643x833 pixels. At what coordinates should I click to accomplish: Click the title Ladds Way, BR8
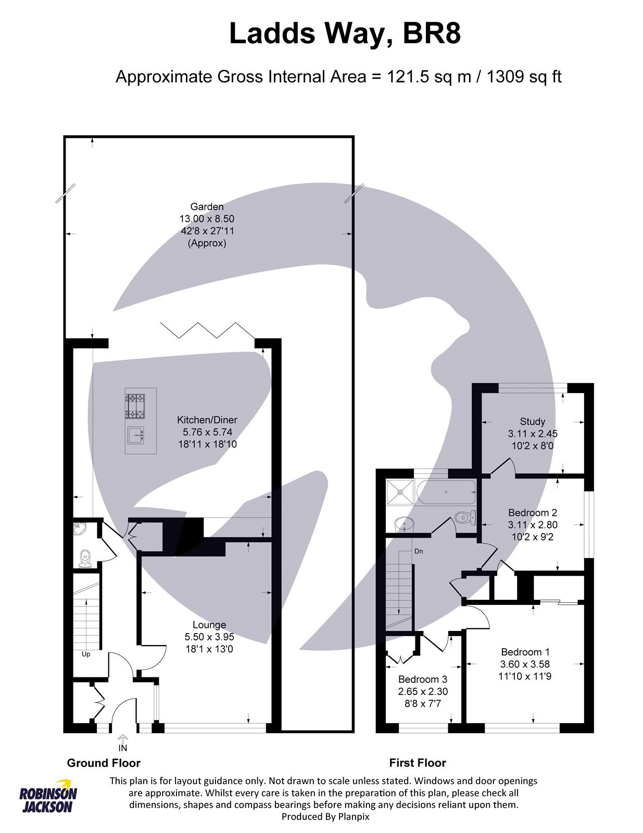tap(345, 34)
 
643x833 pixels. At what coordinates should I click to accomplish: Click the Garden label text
tap(207, 207)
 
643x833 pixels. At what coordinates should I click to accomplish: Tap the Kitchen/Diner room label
tap(207, 420)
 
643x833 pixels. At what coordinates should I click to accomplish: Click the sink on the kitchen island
tap(135, 434)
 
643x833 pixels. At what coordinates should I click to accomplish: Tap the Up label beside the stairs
tap(86, 654)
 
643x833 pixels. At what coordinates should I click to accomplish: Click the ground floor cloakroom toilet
tap(85, 559)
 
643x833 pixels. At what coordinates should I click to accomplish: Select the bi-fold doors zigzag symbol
tap(207, 330)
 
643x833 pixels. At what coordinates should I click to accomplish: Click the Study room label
tap(532, 421)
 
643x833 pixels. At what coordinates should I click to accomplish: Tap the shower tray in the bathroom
tap(400, 492)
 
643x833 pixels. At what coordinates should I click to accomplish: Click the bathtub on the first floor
tap(446, 492)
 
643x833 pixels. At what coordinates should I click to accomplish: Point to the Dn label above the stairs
tap(419, 551)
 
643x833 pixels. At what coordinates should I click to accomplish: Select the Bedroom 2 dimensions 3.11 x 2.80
tap(533, 525)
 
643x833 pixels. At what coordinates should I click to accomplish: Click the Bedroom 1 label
tap(525, 652)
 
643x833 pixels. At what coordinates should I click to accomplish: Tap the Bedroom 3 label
tap(422, 679)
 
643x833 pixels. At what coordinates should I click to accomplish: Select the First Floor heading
tap(417, 763)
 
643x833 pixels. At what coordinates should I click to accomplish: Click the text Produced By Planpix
tap(325, 817)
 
